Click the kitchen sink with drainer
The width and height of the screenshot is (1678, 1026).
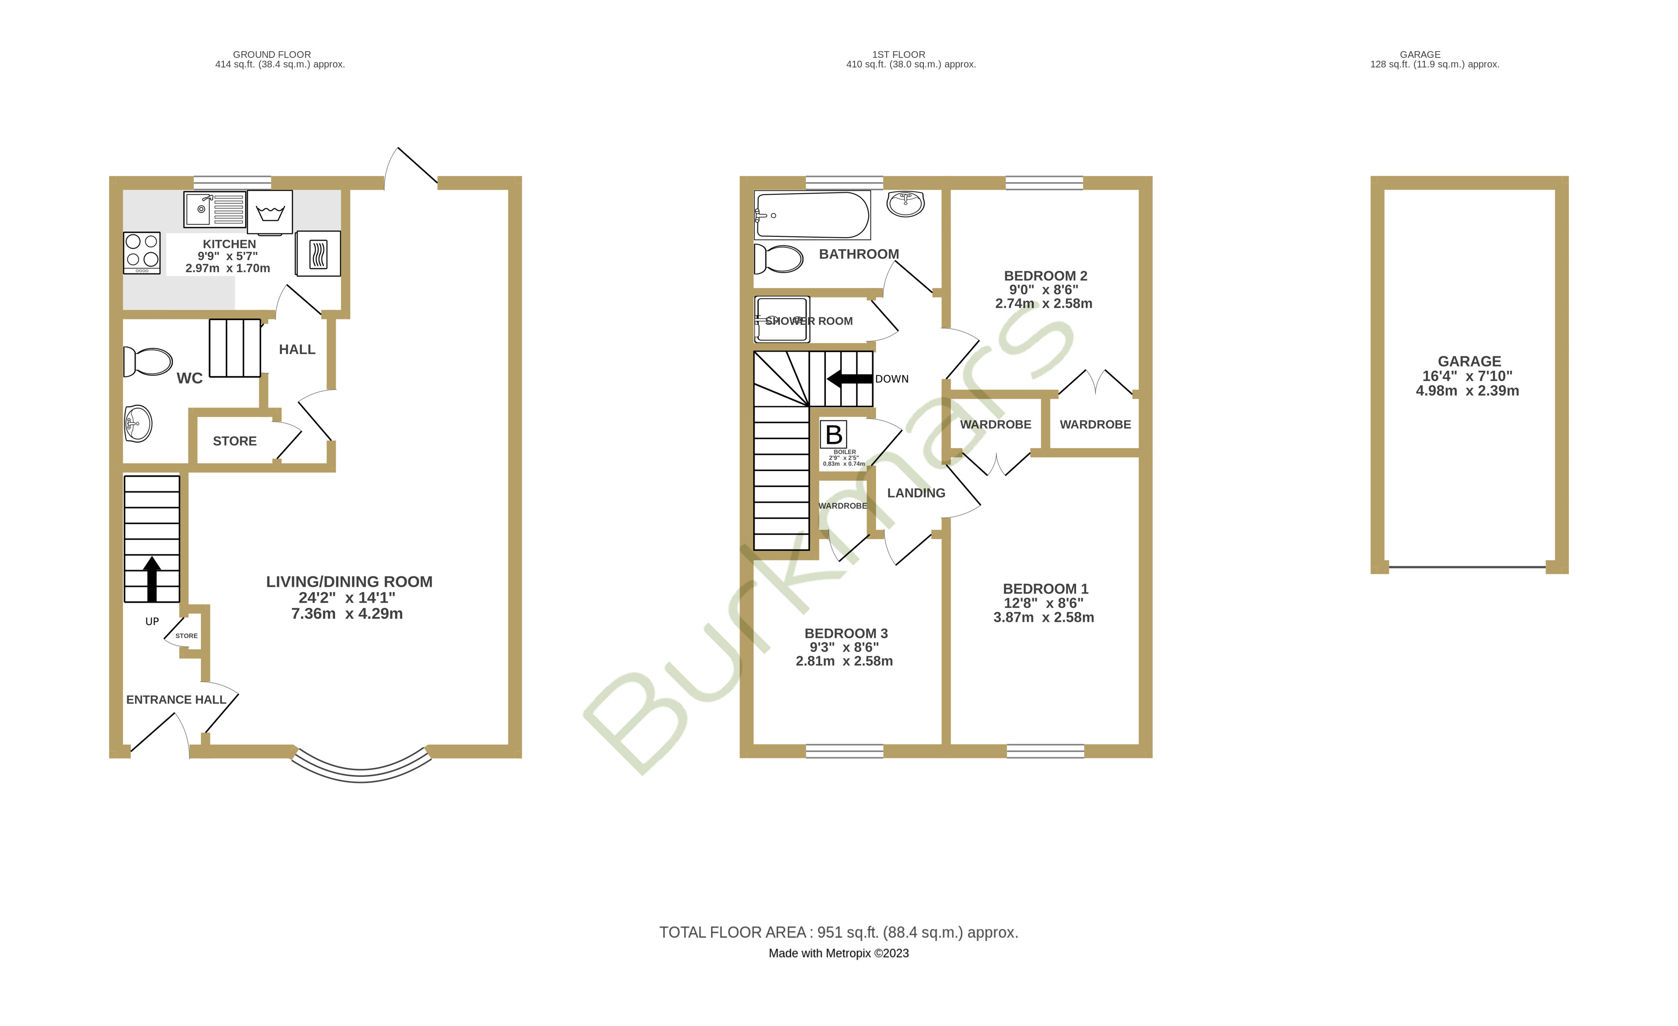[x=214, y=209]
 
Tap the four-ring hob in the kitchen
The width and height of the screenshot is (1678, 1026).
[x=142, y=253]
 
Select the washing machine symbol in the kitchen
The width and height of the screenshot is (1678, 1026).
[x=270, y=212]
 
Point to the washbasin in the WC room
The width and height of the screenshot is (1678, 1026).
[x=138, y=423]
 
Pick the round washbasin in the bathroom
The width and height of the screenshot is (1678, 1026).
[x=906, y=203]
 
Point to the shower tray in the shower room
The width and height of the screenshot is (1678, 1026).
[x=782, y=320]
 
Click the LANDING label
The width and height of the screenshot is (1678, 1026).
[x=916, y=493]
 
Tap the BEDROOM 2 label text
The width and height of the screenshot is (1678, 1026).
[x=1045, y=276]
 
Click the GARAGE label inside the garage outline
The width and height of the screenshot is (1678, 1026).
[x=1469, y=362]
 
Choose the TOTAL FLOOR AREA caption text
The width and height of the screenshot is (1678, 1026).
[x=838, y=932]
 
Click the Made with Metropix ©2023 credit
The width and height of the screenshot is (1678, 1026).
[x=838, y=953]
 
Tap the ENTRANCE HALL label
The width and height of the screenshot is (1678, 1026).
[x=176, y=699]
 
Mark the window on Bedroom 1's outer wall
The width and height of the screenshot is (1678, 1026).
[x=1045, y=751]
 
